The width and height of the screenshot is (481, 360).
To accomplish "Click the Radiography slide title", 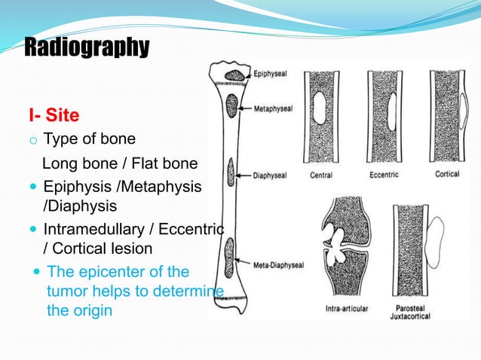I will tap(87, 47).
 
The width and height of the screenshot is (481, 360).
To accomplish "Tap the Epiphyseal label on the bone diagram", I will tap(270, 75).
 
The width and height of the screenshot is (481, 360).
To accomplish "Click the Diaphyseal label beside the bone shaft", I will tap(271, 176).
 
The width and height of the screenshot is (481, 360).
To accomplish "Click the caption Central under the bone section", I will tap(320, 175).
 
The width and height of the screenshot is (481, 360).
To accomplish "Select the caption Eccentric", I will tap(384, 175).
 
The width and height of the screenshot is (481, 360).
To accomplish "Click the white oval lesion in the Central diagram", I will tap(320, 107).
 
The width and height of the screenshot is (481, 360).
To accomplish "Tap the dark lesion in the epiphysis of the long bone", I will tap(235, 75).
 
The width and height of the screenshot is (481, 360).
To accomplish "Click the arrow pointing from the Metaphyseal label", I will tap(245, 108).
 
